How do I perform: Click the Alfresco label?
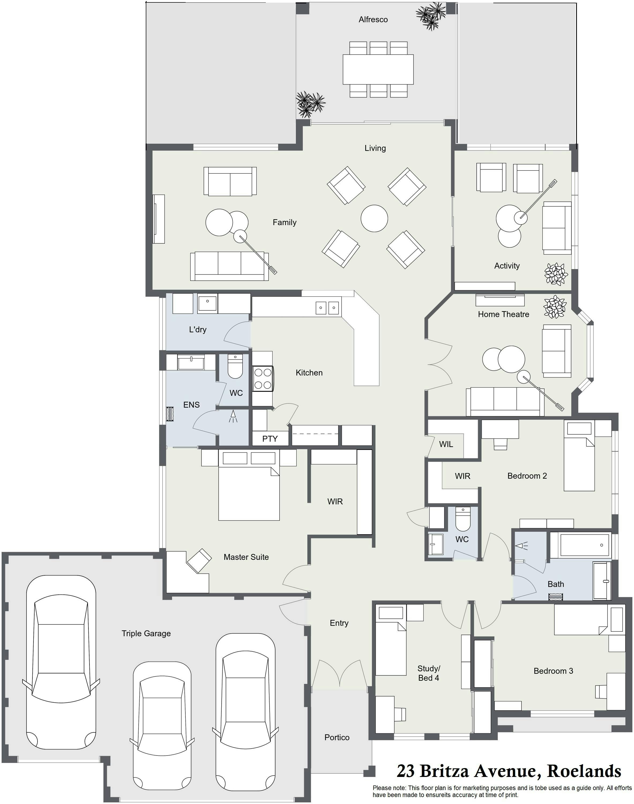373,20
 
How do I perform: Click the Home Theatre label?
503,314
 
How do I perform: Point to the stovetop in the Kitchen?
263,379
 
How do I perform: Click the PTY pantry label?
270,439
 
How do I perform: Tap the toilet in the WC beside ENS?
235,366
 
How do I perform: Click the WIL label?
446,444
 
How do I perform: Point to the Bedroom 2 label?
527,476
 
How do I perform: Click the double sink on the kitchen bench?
327,308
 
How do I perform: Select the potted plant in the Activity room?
556,274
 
